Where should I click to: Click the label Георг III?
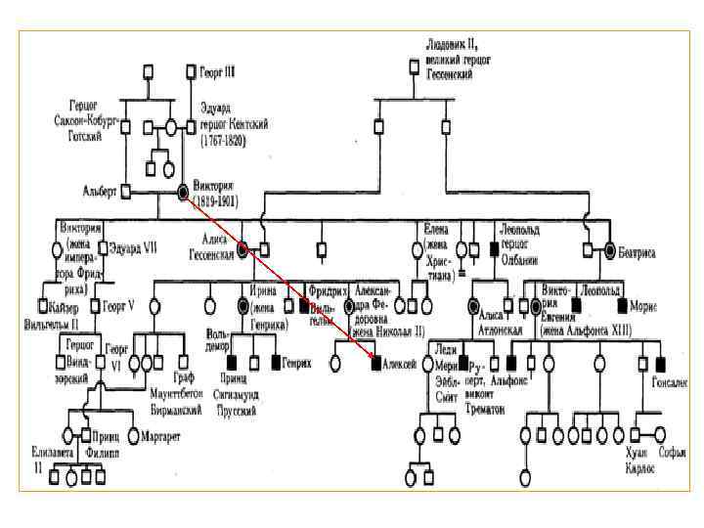218,72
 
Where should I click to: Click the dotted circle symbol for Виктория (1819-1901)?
183,192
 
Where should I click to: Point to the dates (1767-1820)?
223,141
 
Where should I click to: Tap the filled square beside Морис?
621,305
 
